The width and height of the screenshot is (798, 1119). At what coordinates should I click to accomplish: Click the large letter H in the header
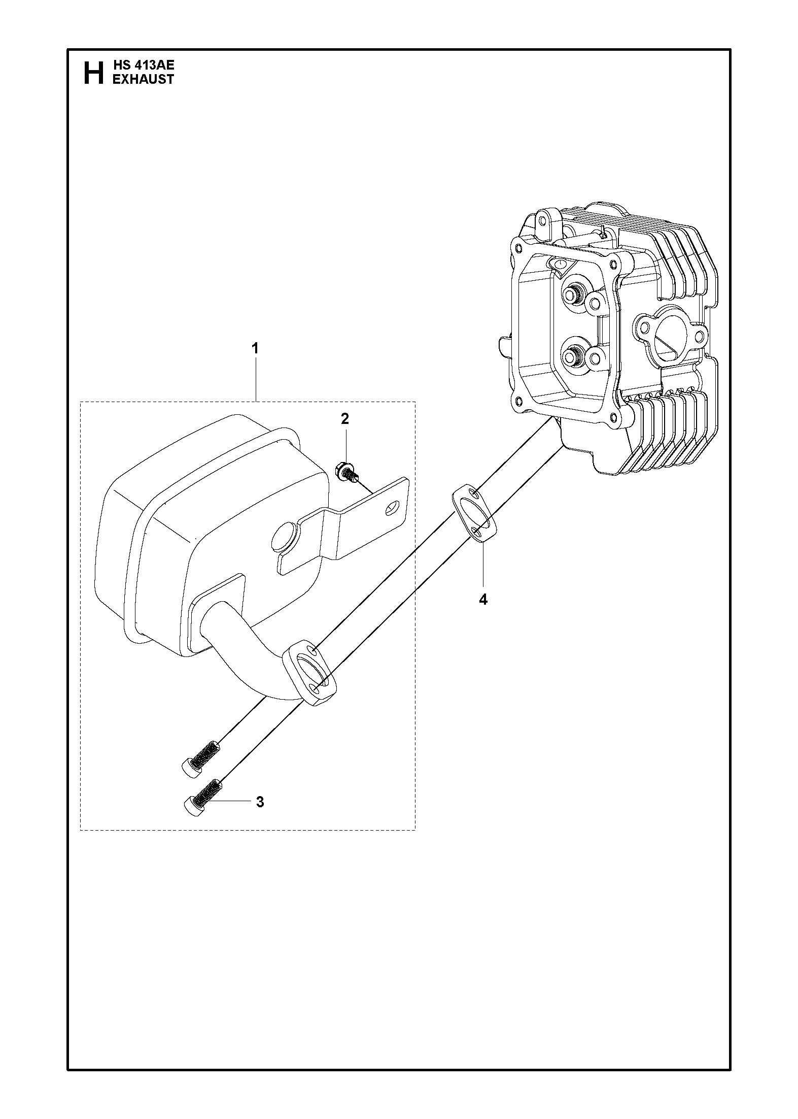click(93, 73)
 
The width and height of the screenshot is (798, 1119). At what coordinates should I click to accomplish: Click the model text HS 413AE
click(143, 65)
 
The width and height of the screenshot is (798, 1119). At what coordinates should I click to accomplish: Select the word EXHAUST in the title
click(143, 79)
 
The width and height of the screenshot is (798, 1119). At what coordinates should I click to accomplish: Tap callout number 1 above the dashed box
click(255, 349)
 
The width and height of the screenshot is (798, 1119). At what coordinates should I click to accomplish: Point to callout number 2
click(344, 419)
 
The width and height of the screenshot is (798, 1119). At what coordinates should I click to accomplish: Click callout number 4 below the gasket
click(483, 600)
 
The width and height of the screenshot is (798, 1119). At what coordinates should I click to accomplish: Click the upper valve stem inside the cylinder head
click(573, 294)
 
